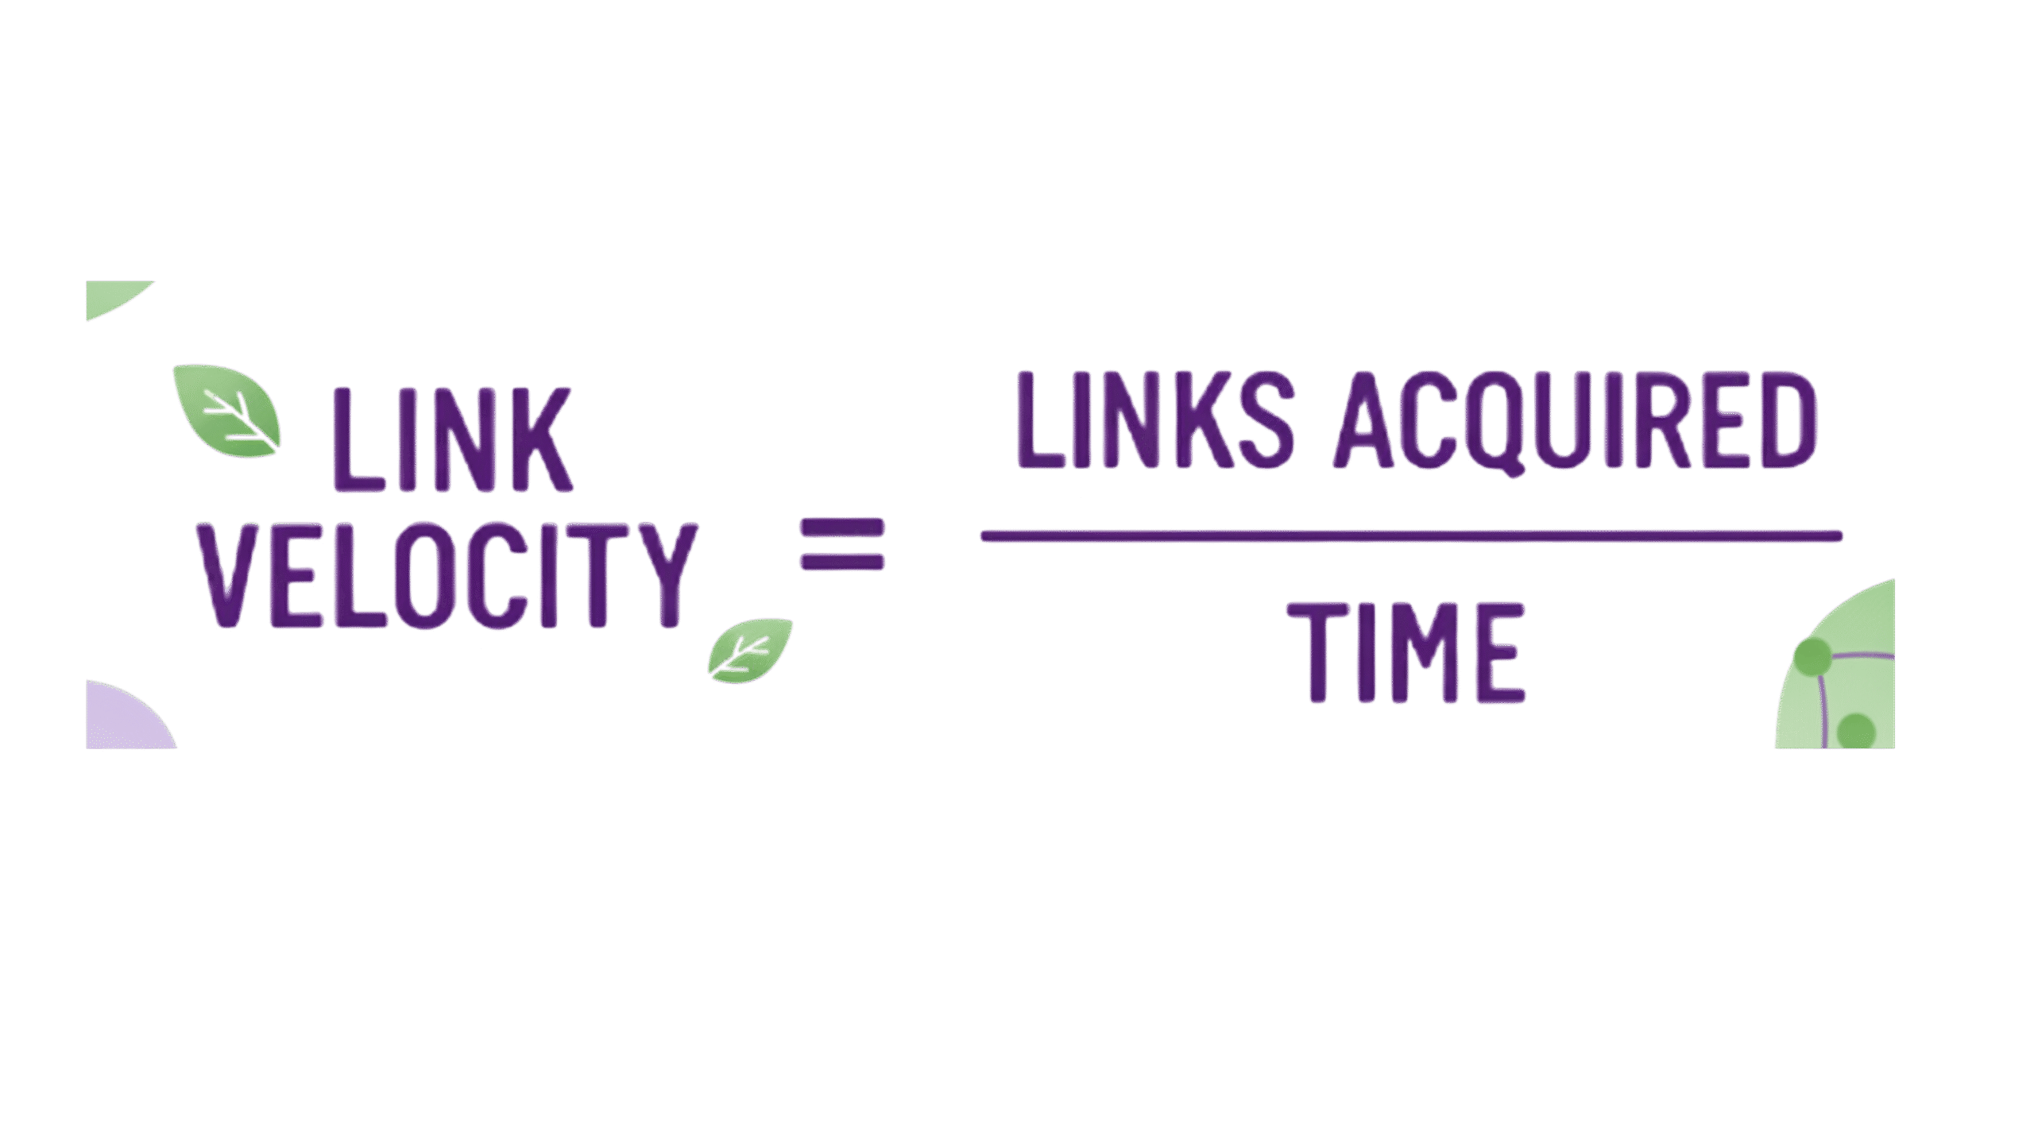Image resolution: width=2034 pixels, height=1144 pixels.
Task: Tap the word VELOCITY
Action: click(x=448, y=574)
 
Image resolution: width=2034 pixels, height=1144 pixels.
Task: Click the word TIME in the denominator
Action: click(x=1405, y=652)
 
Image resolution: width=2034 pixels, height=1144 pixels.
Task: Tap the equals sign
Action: click(x=841, y=544)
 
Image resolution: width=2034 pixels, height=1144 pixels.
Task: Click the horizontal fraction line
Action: click(x=1411, y=536)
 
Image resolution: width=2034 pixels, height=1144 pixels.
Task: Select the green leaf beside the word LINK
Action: click(x=227, y=411)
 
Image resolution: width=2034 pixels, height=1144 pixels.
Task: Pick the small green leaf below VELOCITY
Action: click(x=749, y=650)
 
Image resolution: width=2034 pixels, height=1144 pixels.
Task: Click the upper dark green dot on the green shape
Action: click(x=1812, y=656)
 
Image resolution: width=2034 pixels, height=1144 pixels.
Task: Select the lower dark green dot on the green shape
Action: click(x=1856, y=730)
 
